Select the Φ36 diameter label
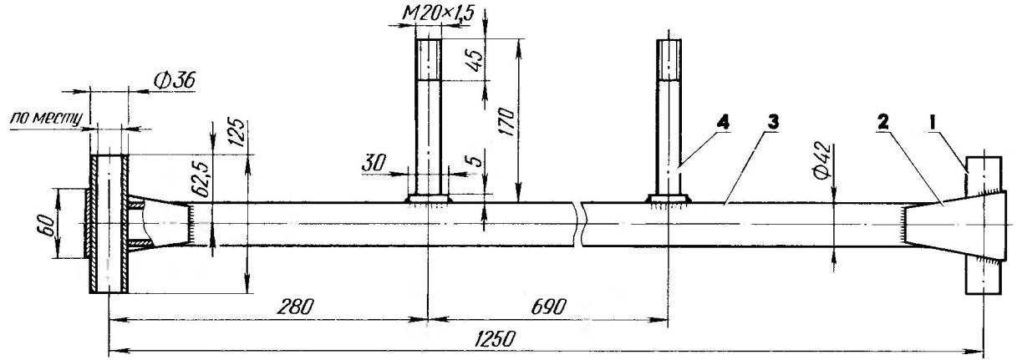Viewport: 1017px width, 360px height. point(175,81)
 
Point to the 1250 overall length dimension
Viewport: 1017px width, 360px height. point(496,339)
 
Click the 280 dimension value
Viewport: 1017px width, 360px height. point(295,307)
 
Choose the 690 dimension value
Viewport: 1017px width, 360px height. point(548,307)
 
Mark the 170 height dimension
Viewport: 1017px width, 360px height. point(506,122)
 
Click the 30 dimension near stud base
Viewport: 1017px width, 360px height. point(374,163)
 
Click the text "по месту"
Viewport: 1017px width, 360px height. point(45,118)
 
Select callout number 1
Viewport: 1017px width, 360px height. point(932,123)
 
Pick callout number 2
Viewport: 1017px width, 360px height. point(882,123)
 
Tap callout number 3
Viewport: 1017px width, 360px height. point(773,123)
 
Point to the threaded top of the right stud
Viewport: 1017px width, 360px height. point(669,60)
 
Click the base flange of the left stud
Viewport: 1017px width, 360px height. point(428,199)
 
